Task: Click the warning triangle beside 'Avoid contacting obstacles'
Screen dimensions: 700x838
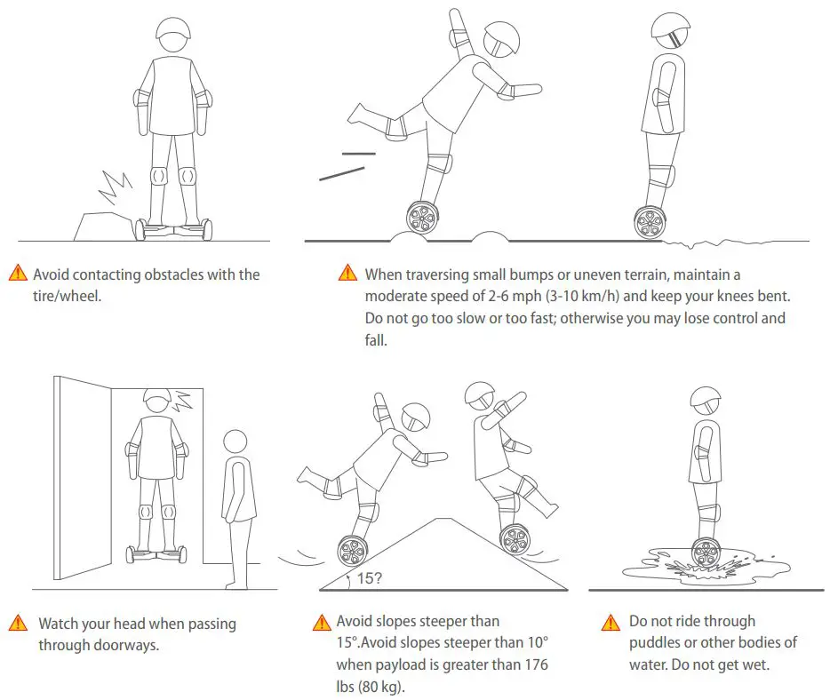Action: pyautogui.click(x=18, y=274)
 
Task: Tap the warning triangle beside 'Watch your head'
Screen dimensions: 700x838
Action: pyautogui.click(x=18, y=624)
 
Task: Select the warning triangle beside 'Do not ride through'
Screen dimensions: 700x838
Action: pyautogui.click(x=610, y=622)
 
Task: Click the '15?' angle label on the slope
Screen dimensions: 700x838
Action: pyautogui.click(x=370, y=578)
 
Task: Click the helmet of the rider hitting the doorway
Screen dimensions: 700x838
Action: pyautogui.click(x=156, y=402)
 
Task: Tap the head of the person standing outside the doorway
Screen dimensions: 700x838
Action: pyautogui.click(x=235, y=442)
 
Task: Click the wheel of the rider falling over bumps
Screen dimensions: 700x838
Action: pyautogui.click(x=422, y=217)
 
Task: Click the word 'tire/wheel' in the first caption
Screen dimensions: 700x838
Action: pyautogui.click(x=67, y=296)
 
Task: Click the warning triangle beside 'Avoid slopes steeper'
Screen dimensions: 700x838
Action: pyautogui.click(x=322, y=623)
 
